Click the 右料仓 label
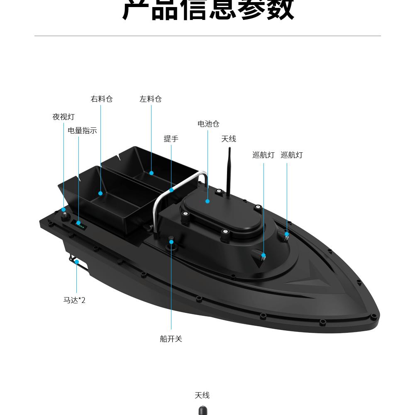(x=102, y=99)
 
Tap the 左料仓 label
(x=150, y=99)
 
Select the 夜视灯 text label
(x=63, y=117)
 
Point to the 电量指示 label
(x=82, y=130)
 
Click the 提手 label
(x=171, y=139)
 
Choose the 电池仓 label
(x=208, y=124)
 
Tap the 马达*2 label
(x=74, y=300)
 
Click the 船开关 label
(x=171, y=339)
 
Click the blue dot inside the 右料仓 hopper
(x=100, y=193)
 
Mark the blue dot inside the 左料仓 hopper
(x=151, y=173)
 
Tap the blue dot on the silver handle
(x=171, y=190)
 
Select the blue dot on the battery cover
(x=207, y=201)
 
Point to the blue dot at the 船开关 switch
(x=171, y=242)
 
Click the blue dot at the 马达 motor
(x=77, y=262)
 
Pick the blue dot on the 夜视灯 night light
(x=63, y=210)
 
